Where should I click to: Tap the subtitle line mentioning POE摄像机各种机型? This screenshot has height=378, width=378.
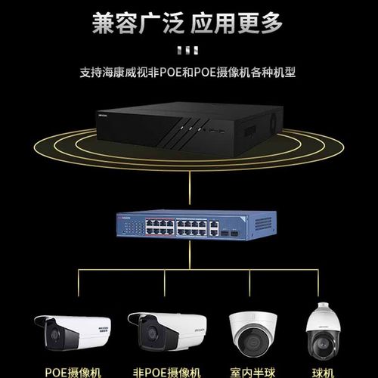point(188,73)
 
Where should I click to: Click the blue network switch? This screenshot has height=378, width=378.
point(189,225)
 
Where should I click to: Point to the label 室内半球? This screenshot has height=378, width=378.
point(253,370)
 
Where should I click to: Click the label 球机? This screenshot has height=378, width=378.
point(325,370)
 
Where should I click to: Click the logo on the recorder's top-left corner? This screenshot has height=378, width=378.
point(106,116)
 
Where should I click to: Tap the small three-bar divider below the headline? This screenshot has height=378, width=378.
point(187,51)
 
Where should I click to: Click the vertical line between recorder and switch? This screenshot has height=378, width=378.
point(189,189)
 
